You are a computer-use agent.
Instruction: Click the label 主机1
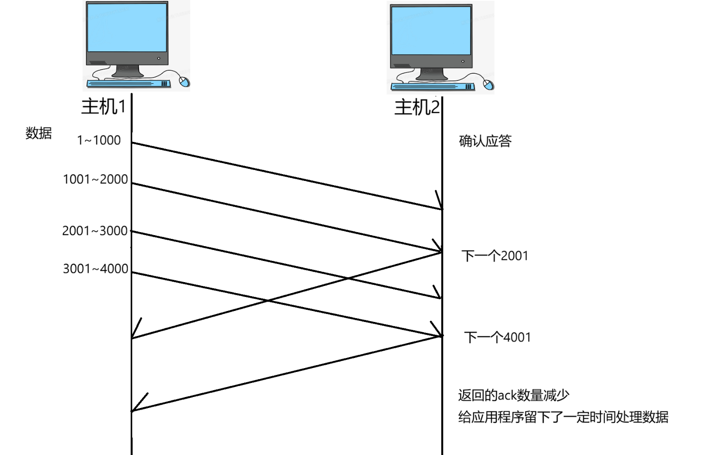(x=103, y=106)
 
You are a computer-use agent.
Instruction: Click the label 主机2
(x=417, y=107)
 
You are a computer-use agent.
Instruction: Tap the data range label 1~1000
(x=99, y=140)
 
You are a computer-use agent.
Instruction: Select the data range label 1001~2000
(x=95, y=179)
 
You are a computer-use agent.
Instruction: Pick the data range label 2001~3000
(x=95, y=231)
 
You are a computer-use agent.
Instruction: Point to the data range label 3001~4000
(x=95, y=269)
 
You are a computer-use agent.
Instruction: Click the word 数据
(x=39, y=133)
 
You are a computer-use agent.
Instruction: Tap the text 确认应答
(x=485, y=141)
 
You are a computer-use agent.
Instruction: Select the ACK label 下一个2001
(x=495, y=256)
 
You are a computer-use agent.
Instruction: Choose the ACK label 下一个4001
(x=498, y=337)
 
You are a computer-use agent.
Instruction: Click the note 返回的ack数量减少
(x=513, y=395)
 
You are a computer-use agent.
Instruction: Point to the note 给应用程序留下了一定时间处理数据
(x=563, y=417)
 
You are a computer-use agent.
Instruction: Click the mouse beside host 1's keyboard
(x=184, y=82)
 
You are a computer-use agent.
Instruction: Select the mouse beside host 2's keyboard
(x=488, y=85)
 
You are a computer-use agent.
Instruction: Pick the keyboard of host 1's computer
(x=128, y=83)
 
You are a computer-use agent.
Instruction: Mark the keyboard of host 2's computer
(x=433, y=86)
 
